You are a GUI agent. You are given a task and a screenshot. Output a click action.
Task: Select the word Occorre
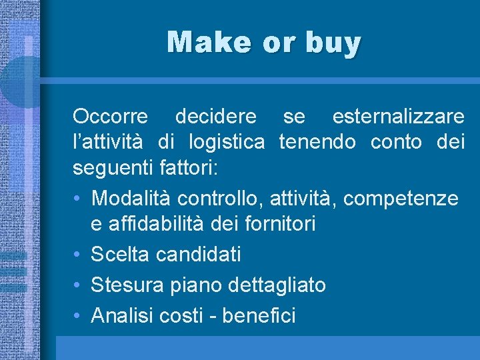coord(111,117)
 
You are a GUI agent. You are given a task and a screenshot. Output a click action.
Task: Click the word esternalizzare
coord(398,117)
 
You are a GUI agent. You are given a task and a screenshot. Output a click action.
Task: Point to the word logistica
coord(227,142)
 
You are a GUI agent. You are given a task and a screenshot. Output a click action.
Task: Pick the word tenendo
coord(317,142)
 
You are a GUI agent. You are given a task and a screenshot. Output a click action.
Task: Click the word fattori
coord(193,167)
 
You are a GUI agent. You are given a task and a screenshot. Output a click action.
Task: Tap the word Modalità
coord(131,198)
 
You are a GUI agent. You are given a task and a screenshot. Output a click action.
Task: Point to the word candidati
coord(199,254)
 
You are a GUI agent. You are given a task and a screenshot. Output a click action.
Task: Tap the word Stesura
coord(126,285)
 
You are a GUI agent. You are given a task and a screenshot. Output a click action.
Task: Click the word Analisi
coord(123,315)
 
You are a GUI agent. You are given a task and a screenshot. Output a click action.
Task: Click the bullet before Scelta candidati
coord(77,254)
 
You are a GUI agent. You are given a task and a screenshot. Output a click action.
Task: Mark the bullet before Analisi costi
coord(77,315)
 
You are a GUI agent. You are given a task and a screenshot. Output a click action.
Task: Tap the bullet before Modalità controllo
coord(77,198)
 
